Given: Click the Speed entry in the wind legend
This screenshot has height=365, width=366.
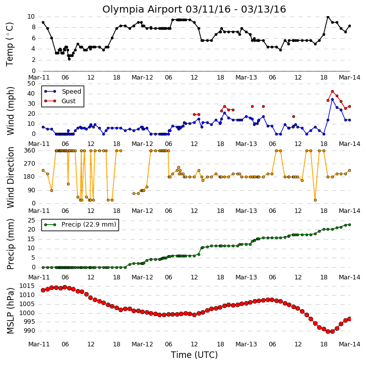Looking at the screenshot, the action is [x=63, y=91].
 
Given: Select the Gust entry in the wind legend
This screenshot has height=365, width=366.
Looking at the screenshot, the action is [x=60, y=101].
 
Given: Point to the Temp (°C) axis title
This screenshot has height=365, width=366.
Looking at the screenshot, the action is [x=10, y=44].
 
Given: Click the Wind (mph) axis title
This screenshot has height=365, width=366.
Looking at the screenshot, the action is [x=10, y=111].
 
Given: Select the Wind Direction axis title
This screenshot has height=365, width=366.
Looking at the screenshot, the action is [x=10, y=177].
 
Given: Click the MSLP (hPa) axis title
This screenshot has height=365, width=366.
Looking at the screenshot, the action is [x=10, y=311].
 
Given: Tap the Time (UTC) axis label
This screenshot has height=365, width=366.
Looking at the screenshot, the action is [x=194, y=355].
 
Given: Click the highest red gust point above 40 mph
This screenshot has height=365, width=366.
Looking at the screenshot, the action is [x=332, y=92].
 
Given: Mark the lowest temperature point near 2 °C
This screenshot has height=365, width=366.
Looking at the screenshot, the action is [x=69, y=59].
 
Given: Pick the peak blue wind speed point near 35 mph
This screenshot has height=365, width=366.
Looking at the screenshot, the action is [x=332, y=100].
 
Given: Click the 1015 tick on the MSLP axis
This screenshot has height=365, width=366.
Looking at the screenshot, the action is [x=27, y=286].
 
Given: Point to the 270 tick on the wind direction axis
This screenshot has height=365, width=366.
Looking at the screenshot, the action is [x=29, y=164].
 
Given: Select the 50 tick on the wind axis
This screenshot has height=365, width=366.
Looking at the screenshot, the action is [x=31, y=84].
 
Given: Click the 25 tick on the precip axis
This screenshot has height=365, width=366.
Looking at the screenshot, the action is [x=31, y=221].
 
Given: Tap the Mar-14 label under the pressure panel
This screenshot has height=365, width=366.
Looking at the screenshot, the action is [x=349, y=344].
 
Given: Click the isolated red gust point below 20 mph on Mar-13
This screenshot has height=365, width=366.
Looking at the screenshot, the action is [x=293, y=116].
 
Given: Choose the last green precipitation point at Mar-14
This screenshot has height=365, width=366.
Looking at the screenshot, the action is [x=349, y=225].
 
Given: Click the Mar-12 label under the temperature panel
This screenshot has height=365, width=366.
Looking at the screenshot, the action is [x=142, y=78].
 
